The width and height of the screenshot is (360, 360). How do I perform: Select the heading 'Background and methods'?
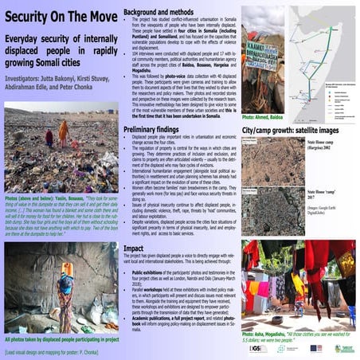pyautogui.click(x=164, y=9)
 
